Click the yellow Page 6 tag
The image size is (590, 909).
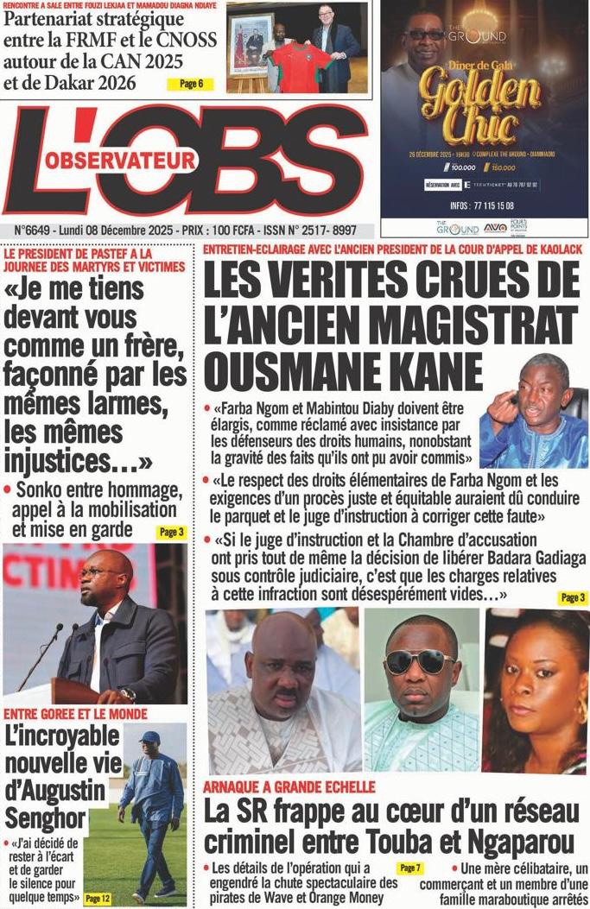pyautogui.click(x=191, y=84)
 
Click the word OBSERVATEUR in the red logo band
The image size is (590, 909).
pyautogui.click(x=120, y=160)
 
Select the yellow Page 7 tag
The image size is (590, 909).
pyautogui.click(x=410, y=868)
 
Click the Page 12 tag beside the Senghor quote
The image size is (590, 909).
pyautogui.click(x=98, y=899)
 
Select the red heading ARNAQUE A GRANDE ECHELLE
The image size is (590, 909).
pyautogui.click(x=289, y=786)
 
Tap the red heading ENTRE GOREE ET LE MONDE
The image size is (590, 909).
pyautogui.click(x=76, y=714)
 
